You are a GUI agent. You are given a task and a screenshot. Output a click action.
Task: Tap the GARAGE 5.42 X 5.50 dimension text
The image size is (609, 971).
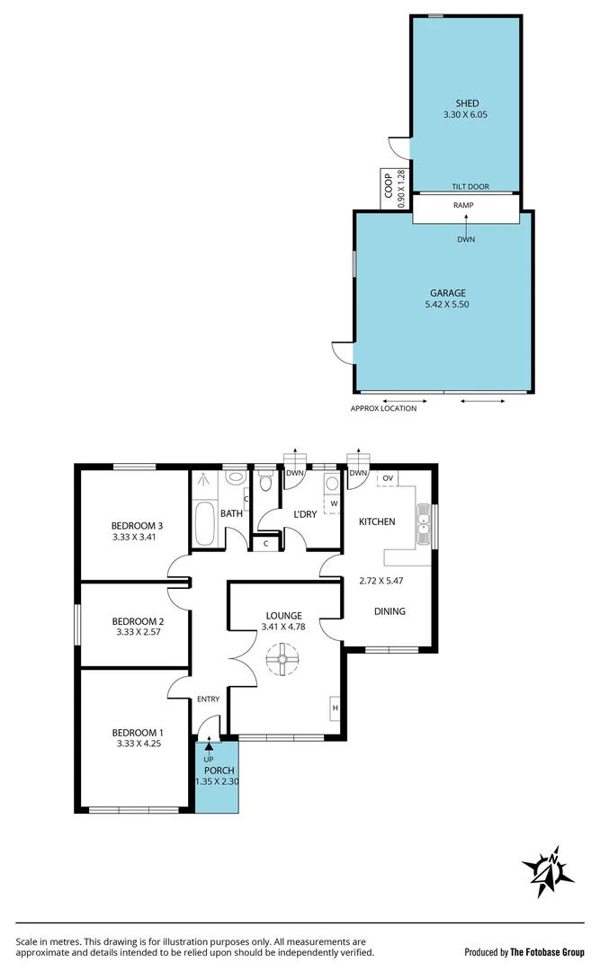pyautogui.click(x=446, y=305)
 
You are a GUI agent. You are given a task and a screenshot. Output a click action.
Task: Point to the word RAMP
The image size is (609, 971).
pyautogui.click(x=463, y=205)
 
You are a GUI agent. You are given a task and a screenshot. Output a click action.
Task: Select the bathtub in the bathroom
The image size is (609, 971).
pyautogui.click(x=203, y=525)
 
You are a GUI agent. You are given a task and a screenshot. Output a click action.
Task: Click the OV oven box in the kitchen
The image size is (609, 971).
pyautogui.click(x=388, y=477)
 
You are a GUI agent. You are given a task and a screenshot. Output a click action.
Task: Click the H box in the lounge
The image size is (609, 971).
pyautogui.click(x=335, y=708)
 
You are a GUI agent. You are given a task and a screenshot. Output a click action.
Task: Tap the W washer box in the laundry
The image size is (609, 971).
pyautogui.click(x=333, y=503)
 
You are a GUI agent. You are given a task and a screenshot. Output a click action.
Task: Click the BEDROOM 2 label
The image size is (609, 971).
pyautogui.click(x=138, y=620)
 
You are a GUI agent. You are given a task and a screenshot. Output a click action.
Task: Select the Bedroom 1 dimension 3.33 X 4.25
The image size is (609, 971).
pyautogui.click(x=139, y=744)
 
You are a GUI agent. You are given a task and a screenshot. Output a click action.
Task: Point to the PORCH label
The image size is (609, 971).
pyautogui.click(x=219, y=771)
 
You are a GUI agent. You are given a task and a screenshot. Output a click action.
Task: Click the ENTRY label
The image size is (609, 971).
pyautogui.click(x=207, y=699)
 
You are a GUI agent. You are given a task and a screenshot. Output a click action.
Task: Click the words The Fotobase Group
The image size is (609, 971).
pyautogui.click(x=547, y=952)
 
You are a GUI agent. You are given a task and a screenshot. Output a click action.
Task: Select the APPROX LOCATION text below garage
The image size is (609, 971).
pyautogui.click(x=383, y=408)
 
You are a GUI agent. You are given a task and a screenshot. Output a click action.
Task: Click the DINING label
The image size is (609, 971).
pyautogui.click(x=390, y=611)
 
